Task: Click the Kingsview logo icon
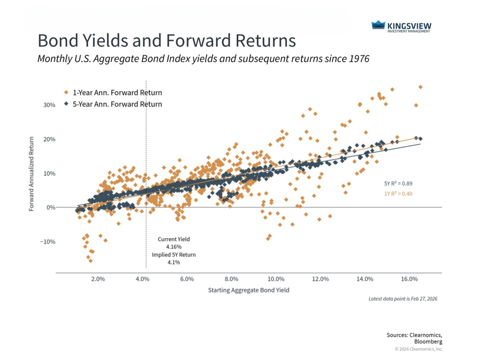point(378,25)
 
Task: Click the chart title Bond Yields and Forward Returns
point(166,41)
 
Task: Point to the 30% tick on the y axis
point(49,105)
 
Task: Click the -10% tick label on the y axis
point(48,242)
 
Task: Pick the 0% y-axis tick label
point(51,208)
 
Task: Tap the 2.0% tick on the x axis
point(98,279)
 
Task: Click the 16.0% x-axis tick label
point(409,279)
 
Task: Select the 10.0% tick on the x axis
point(276,279)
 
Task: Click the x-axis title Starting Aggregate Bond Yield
point(248,290)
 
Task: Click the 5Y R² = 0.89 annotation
point(398,184)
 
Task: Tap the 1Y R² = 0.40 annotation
point(398,193)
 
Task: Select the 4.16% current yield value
point(173,247)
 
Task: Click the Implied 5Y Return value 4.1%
point(173,262)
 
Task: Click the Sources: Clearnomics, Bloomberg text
point(414,338)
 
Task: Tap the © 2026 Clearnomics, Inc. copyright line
point(419,349)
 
